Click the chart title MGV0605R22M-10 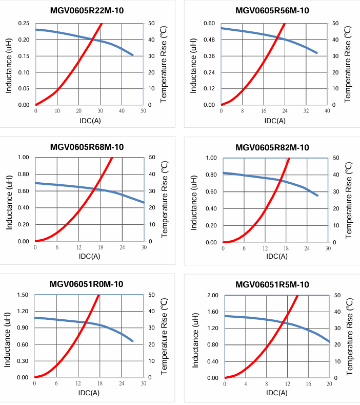(x=87, y=10)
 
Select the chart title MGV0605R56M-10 (x=272, y=10)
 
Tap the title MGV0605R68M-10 (x=87, y=147)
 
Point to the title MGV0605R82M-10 (x=272, y=148)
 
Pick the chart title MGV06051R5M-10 (x=272, y=284)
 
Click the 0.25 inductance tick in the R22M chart (x=24, y=24)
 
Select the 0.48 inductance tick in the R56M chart (x=209, y=40)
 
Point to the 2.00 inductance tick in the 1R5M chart (x=212, y=295)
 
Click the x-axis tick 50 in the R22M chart (x=144, y=111)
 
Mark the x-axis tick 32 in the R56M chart (x=306, y=111)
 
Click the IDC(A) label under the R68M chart (x=90, y=256)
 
